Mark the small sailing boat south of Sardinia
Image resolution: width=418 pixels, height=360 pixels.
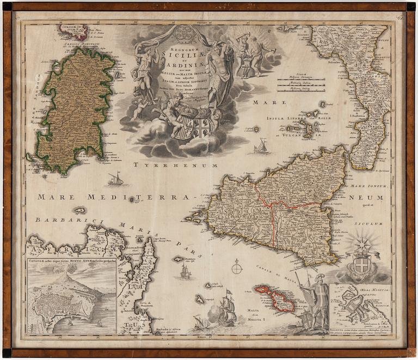click(115, 178)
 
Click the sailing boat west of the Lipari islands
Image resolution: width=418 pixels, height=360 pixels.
click(262, 146)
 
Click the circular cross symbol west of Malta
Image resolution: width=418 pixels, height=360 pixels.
click(237, 267)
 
